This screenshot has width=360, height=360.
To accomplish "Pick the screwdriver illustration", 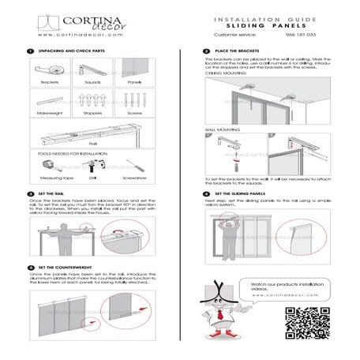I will (x=136, y=167).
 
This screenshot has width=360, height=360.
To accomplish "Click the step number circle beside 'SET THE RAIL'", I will (x=29, y=193).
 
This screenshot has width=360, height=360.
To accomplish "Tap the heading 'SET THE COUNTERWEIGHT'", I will (x=70, y=268).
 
